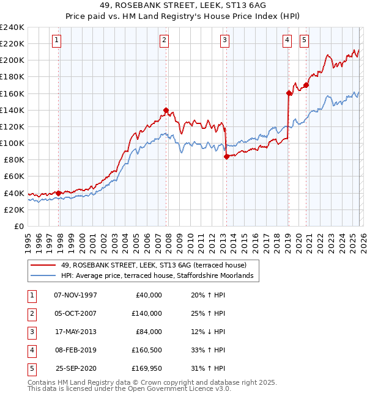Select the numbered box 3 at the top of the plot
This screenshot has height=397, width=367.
225,40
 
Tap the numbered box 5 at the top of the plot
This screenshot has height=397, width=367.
304,40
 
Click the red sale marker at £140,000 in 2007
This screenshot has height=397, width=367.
166,111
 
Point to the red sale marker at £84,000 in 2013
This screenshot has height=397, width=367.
226,156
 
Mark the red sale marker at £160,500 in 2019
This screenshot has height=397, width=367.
288,93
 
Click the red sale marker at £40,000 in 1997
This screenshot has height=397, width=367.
59,193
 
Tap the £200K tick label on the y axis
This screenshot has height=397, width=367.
12,60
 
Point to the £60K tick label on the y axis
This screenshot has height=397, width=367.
14,177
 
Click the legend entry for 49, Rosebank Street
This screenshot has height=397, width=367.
153,265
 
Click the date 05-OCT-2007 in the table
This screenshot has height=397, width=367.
75,313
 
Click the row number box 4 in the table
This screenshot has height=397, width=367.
31,350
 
